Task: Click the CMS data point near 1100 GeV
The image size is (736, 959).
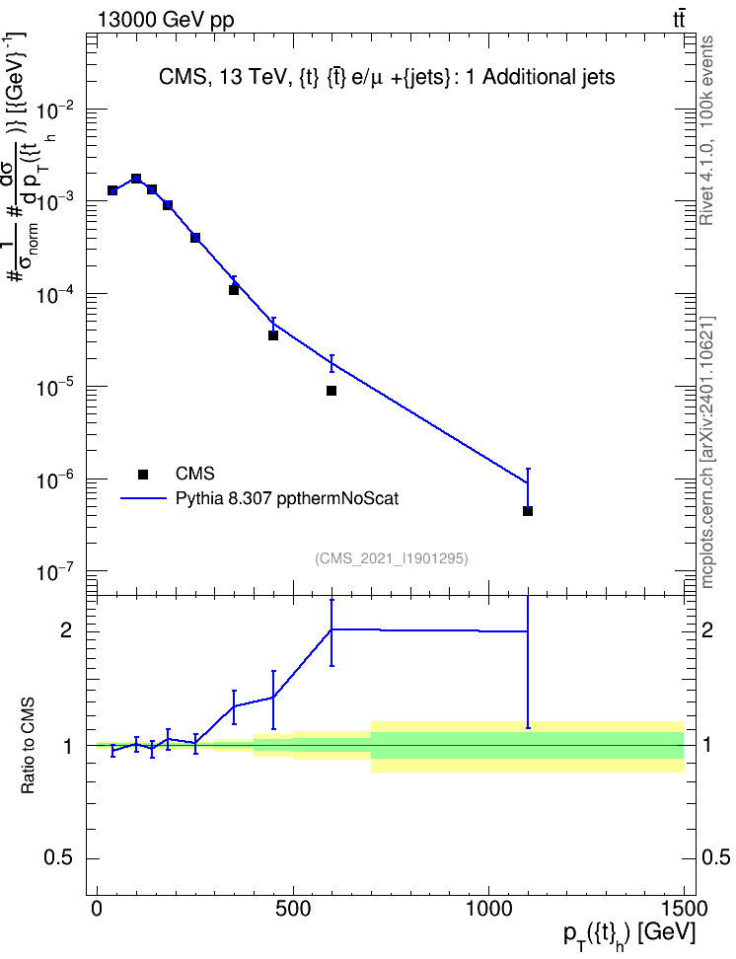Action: click(x=528, y=511)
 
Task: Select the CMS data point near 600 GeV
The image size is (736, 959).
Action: click(x=331, y=390)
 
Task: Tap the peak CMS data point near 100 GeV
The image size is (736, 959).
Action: click(x=136, y=179)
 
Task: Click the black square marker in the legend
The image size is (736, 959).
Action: click(x=143, y=474)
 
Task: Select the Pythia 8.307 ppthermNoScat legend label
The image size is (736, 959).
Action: click(x=287, y=498)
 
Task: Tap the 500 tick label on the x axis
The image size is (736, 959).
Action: click(x=294, y=909)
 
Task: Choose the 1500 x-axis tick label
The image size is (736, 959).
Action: click(x=684, y=909)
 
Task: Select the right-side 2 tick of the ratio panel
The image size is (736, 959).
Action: click(x=706, y=630)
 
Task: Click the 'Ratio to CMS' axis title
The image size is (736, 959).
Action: click(x=28, y=746)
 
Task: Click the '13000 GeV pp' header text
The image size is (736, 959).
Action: click(x=166, y=20)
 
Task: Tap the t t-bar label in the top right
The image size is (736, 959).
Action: click(x=679, y=20)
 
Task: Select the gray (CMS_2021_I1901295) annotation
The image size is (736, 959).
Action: click(x=392, y=558)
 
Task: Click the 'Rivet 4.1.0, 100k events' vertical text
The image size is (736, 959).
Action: click(x=706, y=130)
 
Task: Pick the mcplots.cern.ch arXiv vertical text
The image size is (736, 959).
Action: click(x=706, y=453)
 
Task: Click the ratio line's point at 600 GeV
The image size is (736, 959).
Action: click(x=331, y=628)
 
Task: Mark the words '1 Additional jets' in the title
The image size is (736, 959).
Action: click(x=541, y=77)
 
